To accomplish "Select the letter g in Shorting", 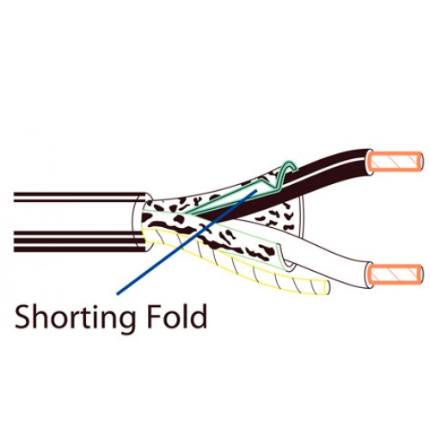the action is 126,322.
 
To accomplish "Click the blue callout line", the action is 187,242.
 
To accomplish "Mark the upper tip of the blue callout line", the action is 256,190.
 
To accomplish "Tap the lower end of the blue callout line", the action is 117,293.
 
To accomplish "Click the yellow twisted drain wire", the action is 235,265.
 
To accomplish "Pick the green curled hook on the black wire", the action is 284,175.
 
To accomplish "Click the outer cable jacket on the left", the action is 80,222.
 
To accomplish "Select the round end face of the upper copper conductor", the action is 420,162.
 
